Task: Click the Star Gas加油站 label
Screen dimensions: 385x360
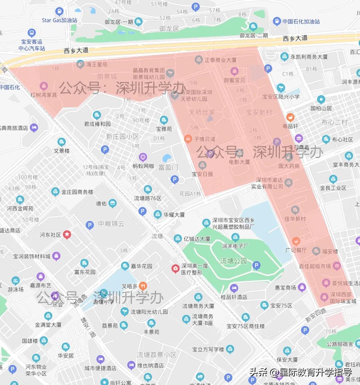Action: tap(59, 20)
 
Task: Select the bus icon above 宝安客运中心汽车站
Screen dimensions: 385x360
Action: tap(32, 33)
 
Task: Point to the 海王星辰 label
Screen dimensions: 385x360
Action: tap(97, 64)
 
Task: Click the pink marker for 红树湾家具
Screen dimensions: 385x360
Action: tap(43, 86)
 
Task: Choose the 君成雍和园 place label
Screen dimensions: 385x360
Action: tap(97, 124)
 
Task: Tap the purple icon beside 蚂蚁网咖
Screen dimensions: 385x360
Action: tap(143, 157)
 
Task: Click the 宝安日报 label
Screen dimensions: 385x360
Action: tap(202, 174)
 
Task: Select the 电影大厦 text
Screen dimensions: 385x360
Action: tap(239, 162)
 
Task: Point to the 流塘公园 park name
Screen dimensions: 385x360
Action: tap(233, 261)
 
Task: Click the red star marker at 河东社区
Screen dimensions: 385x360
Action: tap(67, 235)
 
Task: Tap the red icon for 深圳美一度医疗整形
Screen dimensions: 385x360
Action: tap(175, 269)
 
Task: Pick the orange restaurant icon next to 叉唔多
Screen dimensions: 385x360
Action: tap(143, 286)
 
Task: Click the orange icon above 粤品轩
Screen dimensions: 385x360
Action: tap(290, 117)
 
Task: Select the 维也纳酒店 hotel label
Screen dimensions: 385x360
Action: tap(150, 365)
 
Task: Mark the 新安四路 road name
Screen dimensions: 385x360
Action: tap(316, 315)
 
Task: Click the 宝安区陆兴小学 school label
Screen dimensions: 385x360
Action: tap(281, 97)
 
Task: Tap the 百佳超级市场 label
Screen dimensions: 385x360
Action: tap(315, 266)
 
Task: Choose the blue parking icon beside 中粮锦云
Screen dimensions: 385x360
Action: tap(90, 225)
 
